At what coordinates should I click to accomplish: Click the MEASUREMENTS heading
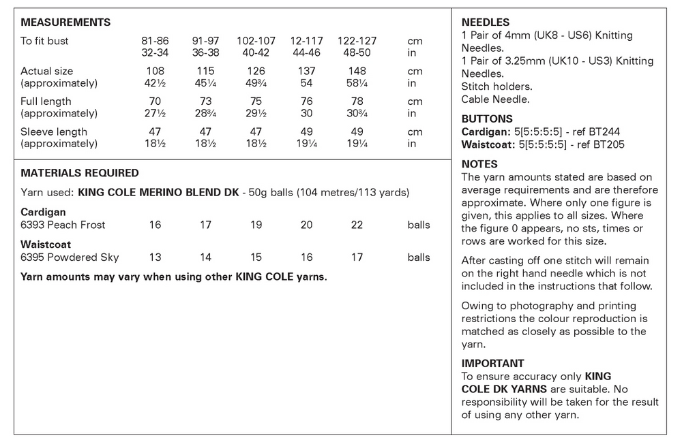coord(65,22)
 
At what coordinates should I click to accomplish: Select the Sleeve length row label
coord(54,131)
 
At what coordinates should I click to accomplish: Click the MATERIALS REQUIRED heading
coord(80,173)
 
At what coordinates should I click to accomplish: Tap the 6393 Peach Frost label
coord(63,225)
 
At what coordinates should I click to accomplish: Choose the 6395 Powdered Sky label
coord(70,257)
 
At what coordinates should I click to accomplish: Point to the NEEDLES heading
coord(485,22)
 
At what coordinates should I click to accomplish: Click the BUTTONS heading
coord(487,119)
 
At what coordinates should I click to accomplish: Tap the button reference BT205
coord(607,144)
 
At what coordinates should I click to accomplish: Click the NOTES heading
coord(479,164)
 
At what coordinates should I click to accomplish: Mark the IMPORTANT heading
coord(492,364)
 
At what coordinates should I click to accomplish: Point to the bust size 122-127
coord(357,41)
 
